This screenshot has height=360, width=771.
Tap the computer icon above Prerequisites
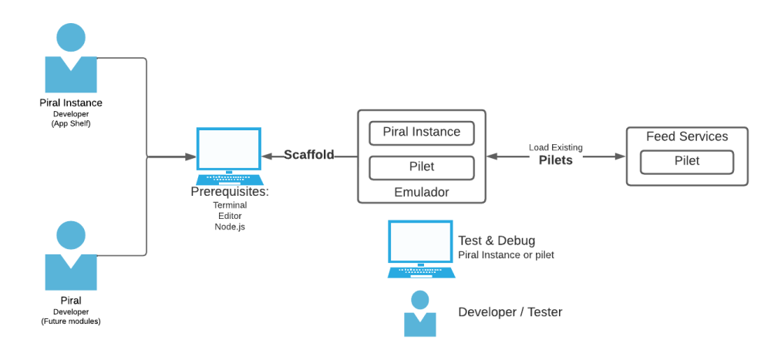pos(228,155)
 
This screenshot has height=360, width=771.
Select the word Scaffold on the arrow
pos(309,155)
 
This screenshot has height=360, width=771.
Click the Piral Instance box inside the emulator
pos(421,133)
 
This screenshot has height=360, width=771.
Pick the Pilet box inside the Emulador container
pos(421,167)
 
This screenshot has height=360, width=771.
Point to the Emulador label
pos(421,191)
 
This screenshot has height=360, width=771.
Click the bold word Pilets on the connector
pos(555,160)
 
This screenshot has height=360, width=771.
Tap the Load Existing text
pos(555,147)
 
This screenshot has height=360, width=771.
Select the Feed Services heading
pos(686,136)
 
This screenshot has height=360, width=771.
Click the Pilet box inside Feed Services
pos(686,161)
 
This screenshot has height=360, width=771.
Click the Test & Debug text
pos(497,241)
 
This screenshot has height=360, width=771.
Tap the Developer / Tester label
pos(510,312)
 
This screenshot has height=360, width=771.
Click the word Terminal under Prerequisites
pos(230,205)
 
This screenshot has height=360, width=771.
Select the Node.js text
pos(230,227)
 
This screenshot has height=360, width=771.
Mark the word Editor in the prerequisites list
pos(230,216)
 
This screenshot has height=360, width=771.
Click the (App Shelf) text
pos(71,123)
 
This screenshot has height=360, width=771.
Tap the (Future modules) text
pos(71,321)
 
